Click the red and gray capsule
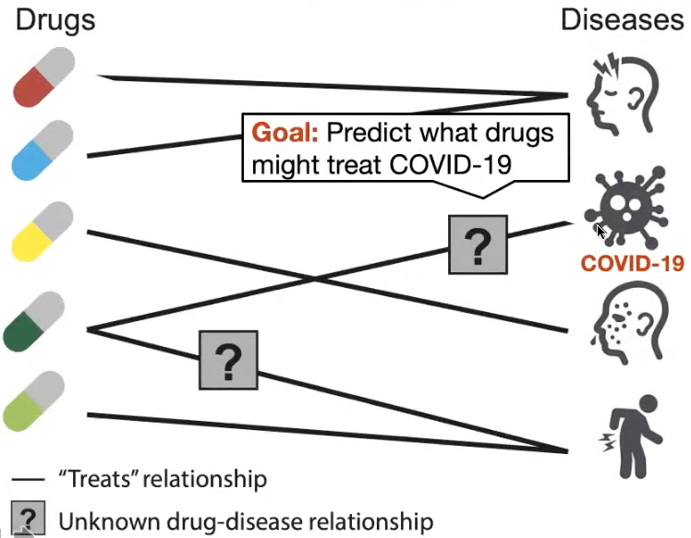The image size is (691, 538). point(44,77)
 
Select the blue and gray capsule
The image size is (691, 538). point(42,150)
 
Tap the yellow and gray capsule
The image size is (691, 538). point(42,232)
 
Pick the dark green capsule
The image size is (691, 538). point(34,321)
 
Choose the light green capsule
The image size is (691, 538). point(34,401)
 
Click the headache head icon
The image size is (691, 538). point(623,94)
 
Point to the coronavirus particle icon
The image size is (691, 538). point(625,208)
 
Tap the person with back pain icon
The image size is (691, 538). point(630,436)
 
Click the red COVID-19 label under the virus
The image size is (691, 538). point(633,263)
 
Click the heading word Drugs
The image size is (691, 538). point(55,20)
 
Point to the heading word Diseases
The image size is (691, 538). point(623,20)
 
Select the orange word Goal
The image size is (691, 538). point(285,132)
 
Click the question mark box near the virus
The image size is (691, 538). point(479,245)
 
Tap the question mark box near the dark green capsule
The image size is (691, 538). point(228,360)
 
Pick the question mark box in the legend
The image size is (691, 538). point(28,518)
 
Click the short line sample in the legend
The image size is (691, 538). point(28,479)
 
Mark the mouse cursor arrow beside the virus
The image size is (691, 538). point(601,231)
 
